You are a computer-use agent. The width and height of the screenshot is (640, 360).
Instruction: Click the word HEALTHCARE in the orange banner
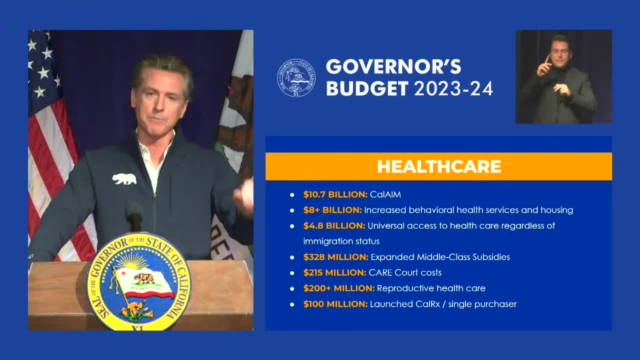click(439, 166)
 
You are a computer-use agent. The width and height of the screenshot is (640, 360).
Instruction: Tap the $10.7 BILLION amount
click(335, 194)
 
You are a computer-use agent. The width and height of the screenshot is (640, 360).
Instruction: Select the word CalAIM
click(385, 194)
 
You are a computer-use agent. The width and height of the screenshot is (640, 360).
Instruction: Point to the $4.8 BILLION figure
click(334, 225)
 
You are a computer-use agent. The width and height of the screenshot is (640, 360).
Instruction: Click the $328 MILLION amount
click(336, 257)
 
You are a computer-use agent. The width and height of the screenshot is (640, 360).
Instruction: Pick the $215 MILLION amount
click(335, 272)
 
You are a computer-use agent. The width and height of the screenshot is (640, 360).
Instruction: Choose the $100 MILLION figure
click(335, 304)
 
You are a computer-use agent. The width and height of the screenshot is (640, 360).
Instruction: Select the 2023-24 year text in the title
click(453, 88)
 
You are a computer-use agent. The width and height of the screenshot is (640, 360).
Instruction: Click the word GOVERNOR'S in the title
click(393, 67)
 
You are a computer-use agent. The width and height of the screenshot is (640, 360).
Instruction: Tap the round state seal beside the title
click(296, 78)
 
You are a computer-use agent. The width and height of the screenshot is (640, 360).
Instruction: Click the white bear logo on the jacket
click(124, 179)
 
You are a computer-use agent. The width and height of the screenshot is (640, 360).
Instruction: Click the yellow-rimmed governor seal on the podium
click(139, 281)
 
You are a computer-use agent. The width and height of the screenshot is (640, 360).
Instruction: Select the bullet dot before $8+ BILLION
click(292, 210)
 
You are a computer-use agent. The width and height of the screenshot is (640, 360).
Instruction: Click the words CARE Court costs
click(405, 272)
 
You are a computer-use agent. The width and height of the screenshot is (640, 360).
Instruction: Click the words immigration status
click(341, 241)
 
